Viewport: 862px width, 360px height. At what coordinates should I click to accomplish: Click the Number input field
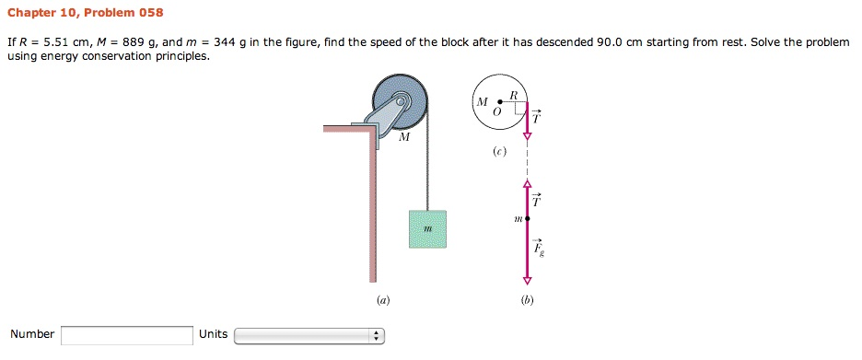(127, 335)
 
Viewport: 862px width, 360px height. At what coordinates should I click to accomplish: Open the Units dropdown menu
(309, 335)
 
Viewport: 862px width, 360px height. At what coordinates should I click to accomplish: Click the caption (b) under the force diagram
(527, 299)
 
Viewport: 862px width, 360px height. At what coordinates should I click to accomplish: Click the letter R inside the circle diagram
(514, 95)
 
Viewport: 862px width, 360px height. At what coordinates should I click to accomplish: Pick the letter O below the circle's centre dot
(496, 111)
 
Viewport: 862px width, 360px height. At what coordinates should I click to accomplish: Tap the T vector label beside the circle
(538, 117)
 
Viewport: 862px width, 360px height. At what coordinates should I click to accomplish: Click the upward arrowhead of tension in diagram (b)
(528, 183)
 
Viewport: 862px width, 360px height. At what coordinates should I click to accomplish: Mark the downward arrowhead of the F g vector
(528, 280)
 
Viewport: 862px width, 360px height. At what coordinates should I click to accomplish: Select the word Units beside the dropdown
(213, 334)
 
